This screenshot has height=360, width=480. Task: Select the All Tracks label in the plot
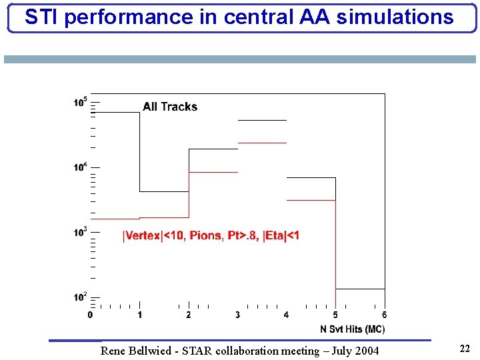[x=170, y=107]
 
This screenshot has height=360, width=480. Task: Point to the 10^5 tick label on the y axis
[x=80, y=103]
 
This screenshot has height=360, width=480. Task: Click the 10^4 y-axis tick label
[x=80, y=167]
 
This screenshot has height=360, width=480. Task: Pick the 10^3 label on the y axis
[x=80, y=231]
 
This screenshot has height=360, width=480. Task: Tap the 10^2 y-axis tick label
[x=80, y=296]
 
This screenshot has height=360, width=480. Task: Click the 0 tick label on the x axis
[x=90, y=315]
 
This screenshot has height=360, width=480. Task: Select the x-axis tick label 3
[x=237, y=315]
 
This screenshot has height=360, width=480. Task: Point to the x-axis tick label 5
[x=335, y=315]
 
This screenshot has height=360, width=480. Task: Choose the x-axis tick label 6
[x=385, y=315]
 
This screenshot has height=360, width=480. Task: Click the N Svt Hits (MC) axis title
[x=352, y=329]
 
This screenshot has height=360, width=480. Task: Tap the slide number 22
[x=465, y=348]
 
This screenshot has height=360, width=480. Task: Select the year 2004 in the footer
[x=367, y=351]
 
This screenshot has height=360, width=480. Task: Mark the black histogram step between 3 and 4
[x=262, y=120]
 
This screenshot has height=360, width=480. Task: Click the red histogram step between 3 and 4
[x=262, y=143]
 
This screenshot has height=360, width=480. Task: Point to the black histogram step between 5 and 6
[x=360, y=289]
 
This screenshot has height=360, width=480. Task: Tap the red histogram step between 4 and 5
[x=311, y=200]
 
